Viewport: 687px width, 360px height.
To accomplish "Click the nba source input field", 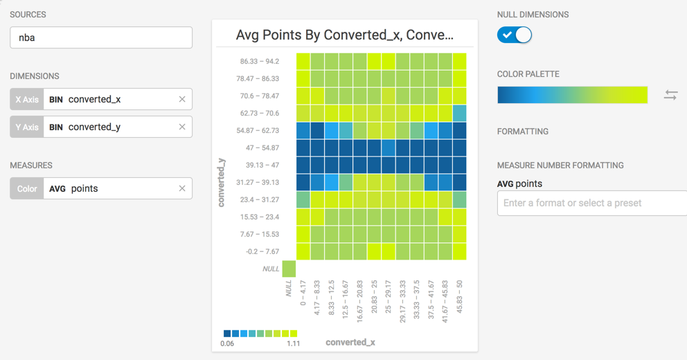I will (x=101, y=37).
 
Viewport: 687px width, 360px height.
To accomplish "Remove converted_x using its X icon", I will (x=182, y=99).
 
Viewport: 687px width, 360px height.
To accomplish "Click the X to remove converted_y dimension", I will (x=182, y=127).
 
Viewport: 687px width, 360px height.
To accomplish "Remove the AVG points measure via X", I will (x=182, y=188).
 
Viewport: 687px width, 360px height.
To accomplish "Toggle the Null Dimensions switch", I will (x=515, y=35).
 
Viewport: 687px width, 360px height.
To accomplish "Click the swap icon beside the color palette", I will (x=670, y=95).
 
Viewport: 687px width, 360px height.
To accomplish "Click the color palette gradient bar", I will (x=572, y=95).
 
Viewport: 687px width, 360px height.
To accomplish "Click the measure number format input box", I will (x=591, y=203).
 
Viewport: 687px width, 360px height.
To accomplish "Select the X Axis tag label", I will (x=27, y=99).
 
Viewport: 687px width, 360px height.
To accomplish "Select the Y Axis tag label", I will (x=27, y=127).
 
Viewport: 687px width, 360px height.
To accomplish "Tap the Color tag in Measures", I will (x=27, y=188).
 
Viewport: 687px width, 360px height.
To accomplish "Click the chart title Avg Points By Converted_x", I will (x=345, y=35).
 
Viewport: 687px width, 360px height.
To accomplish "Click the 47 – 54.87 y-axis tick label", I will (x=262, y=148).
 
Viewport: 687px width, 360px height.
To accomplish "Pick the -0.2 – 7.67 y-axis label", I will (x=262, y=252).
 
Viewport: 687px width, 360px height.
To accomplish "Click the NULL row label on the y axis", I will (x=271, y=269).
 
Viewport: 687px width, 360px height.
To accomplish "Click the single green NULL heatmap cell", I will (x=289, y=269).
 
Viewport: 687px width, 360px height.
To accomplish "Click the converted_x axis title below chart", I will (x=350, y=342).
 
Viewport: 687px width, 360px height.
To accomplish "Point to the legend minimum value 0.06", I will (x=227, y=343).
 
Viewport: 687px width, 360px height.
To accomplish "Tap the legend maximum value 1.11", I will (x=293, y=343).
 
